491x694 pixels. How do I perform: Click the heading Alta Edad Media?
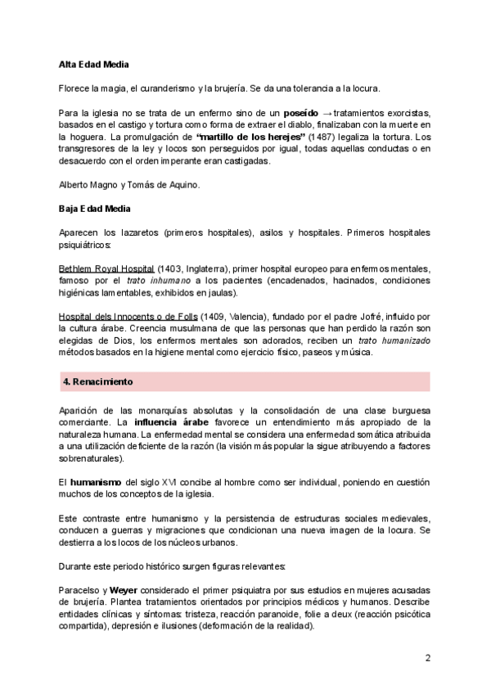tap(94, 64)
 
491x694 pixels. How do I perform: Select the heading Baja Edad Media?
tap(95, 210)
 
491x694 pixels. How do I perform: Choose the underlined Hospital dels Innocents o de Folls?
tap(128, 316)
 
